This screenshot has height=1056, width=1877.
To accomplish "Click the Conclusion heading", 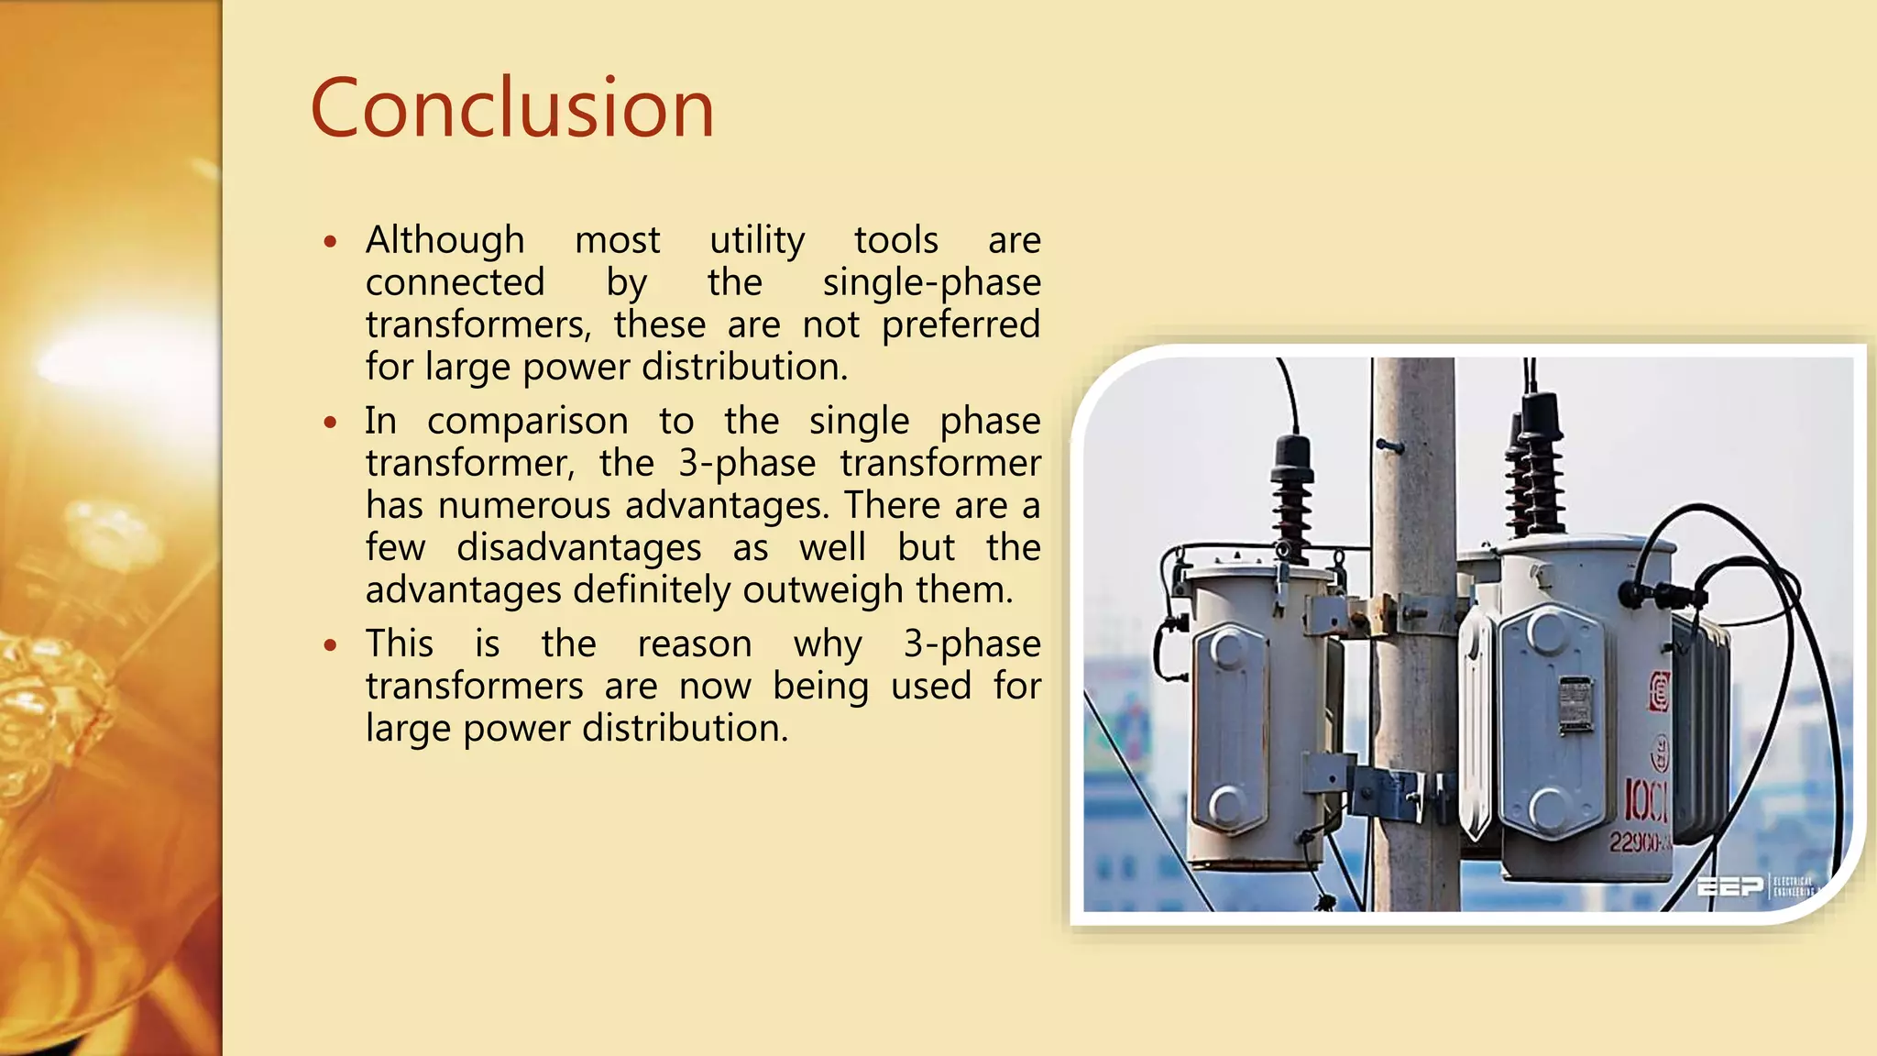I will click(511, 108).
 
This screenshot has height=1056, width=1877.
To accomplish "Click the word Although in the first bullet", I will click(445, 240).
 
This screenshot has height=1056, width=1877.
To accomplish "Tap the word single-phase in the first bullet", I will click(931, 282).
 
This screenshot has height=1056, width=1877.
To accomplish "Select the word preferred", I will click(960, 324).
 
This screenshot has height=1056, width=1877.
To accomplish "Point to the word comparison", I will click(527, 422).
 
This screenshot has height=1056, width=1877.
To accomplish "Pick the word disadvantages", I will click(578, 548).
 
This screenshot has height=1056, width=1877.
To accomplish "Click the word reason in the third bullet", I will click(694, 643).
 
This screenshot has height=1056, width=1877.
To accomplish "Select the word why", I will click(828, 644).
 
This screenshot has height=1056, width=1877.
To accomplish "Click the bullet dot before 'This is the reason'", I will click(331, 645).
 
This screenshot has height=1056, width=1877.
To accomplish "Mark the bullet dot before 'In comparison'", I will click(331, 423).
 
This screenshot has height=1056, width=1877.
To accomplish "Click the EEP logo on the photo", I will click(1729, 885).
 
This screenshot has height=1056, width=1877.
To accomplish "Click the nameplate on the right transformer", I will click(1575, 704).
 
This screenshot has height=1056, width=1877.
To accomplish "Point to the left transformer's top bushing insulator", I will click(1292, 490).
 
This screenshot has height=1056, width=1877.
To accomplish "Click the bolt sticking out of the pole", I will click(1389, 446).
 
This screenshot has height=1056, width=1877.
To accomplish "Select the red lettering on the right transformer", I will click(1646, 801).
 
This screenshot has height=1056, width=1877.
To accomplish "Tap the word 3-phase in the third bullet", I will click(971, 643).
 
